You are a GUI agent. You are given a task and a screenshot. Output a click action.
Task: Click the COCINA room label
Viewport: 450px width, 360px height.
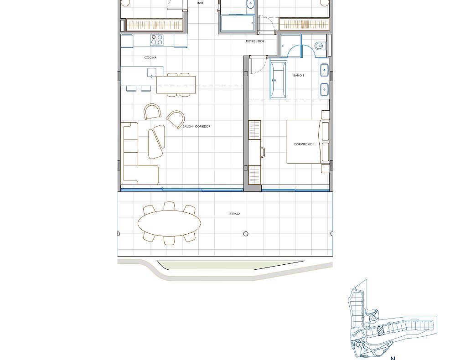click(150, 58)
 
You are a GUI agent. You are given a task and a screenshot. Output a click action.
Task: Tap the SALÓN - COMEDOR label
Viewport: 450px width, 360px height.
click(197, 127)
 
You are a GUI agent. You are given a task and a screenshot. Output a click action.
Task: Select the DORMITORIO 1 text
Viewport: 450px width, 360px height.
click(304, 144)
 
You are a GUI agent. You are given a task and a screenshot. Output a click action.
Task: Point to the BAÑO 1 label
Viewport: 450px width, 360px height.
click(299, 76)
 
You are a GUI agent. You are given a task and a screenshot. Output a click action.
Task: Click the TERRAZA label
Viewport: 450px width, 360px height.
click(234, 214)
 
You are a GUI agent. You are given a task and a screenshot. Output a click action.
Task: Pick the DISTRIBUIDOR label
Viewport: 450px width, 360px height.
click(255, 41)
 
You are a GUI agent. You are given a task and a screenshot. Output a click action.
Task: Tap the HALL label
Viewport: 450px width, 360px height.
click(200, 3)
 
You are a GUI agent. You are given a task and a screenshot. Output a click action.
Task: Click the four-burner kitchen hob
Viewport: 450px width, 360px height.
click(157, 40)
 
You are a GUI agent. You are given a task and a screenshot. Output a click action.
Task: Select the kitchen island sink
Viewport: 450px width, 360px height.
click(151, 72)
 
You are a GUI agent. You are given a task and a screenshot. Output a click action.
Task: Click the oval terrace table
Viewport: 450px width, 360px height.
click(169, 223)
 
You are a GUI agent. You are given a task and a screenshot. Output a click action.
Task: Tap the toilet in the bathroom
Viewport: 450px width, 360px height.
click(320, 46)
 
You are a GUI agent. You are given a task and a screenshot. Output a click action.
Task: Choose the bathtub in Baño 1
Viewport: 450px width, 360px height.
click(278, 80)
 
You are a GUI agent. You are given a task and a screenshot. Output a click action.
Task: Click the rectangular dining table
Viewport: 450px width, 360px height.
click(176, 85)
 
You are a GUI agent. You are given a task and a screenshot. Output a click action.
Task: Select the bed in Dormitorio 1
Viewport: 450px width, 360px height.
click(308, 142)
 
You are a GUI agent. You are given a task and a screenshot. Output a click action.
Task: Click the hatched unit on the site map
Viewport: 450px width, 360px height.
click(381, 331)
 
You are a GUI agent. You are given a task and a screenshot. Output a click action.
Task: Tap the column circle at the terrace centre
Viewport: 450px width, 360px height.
click(246, 234)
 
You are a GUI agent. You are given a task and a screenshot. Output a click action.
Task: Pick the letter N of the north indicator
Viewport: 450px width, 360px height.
click(393, 358)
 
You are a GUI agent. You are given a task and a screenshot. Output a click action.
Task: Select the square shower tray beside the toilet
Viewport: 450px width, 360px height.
click(291, 46)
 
